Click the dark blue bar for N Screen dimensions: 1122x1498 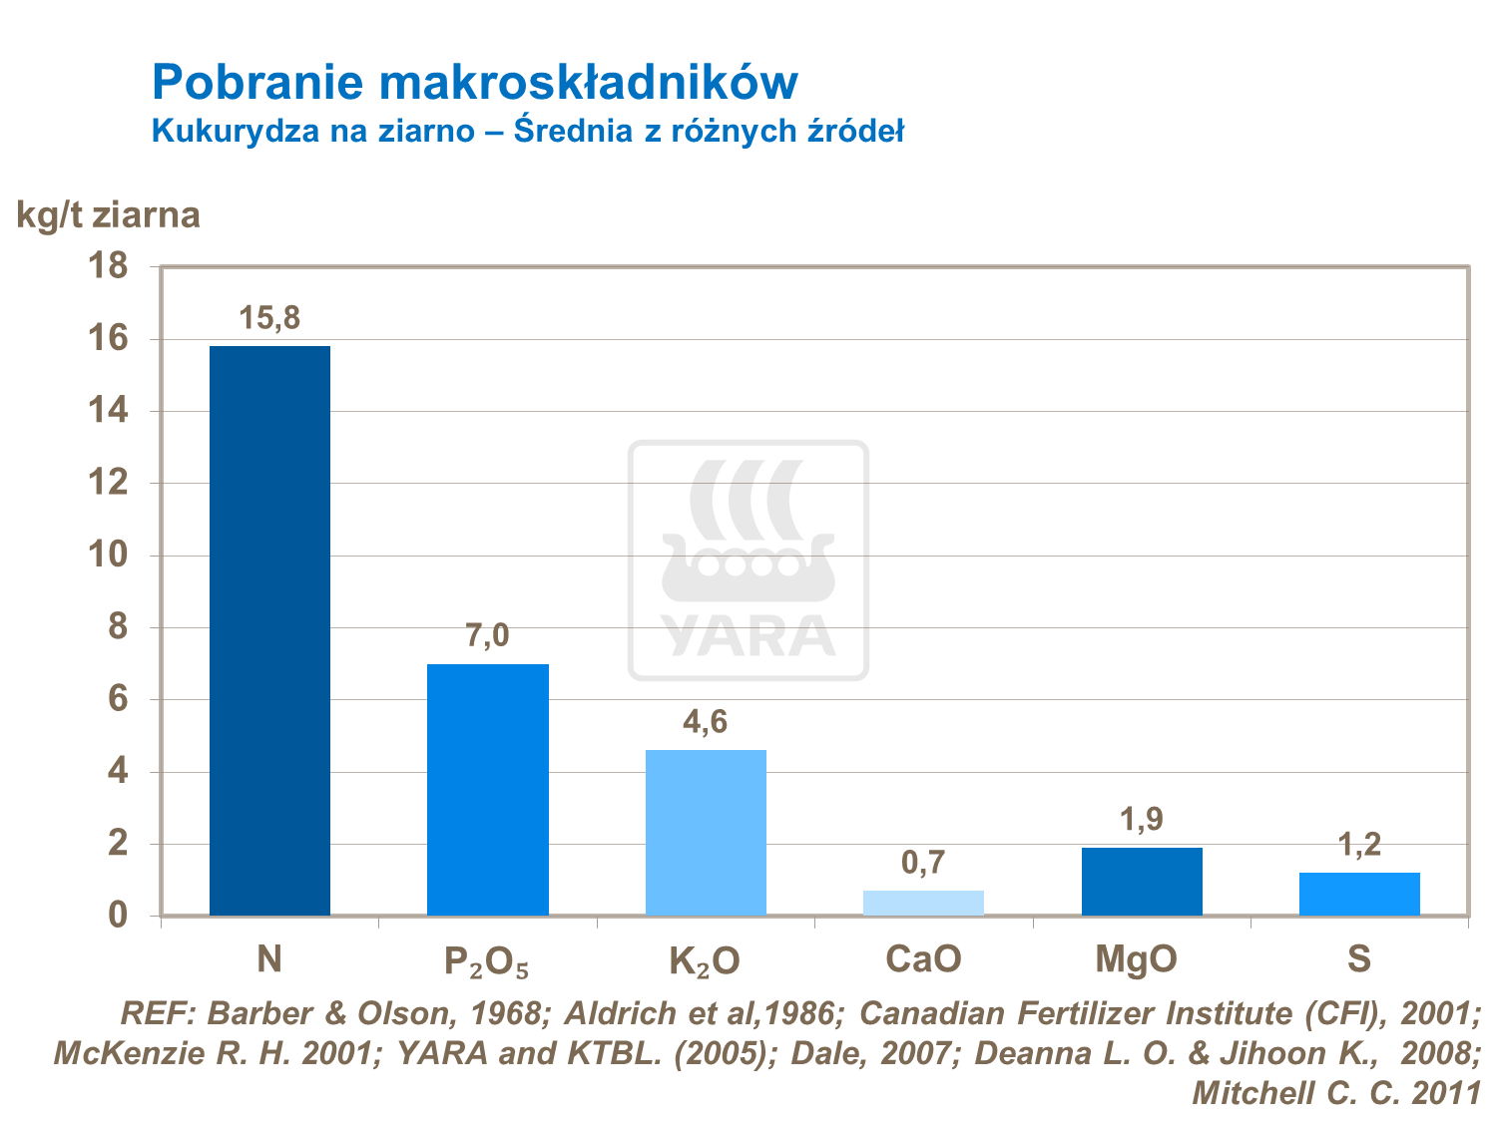point(269,630)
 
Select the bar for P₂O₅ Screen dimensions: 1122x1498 point(487,789)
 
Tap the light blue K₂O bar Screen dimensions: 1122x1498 point(706,832)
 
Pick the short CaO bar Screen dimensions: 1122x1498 point(923,903)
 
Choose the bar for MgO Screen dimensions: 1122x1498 point(1142,881)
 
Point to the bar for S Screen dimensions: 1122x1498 point(1359,894)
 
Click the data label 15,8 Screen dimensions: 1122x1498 point(269,319)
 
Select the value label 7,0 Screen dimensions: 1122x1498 point(487,636)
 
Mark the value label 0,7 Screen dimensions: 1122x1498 point(923,863)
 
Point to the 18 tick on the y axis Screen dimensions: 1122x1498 point(109,266)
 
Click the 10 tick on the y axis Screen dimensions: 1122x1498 point(109,556)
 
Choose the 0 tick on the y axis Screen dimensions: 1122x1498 point(118,916)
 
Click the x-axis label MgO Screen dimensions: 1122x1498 point(1136,959)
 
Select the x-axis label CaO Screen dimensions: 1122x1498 point(923,959)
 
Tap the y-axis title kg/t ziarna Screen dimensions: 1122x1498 point(109,214)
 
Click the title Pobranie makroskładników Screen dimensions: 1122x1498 point(475,82)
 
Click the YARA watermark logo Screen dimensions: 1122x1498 point(749,561)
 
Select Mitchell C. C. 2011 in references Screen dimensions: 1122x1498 point(1336,1093)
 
